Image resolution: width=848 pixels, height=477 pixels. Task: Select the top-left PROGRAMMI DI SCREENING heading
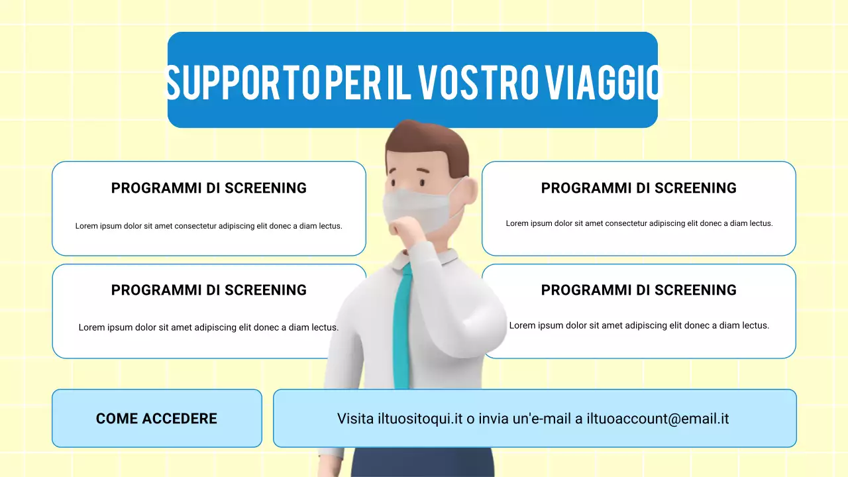point(209,188)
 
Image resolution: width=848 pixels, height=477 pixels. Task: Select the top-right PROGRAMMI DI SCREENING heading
point(639,188)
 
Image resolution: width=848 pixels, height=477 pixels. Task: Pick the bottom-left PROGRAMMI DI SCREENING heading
point(209,290)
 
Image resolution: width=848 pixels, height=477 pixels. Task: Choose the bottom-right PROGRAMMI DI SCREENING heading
point(639,290)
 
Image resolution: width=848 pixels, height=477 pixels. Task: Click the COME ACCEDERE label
point(156,419)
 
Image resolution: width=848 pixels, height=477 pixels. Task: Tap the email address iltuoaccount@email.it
point(658,419)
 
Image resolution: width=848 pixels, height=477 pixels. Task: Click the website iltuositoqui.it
point(419,419)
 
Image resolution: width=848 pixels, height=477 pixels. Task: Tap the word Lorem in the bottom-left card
point(90,327)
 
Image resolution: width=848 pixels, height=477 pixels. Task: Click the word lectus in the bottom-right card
point(755,325)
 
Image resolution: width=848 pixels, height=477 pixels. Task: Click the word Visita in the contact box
point(355,419)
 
